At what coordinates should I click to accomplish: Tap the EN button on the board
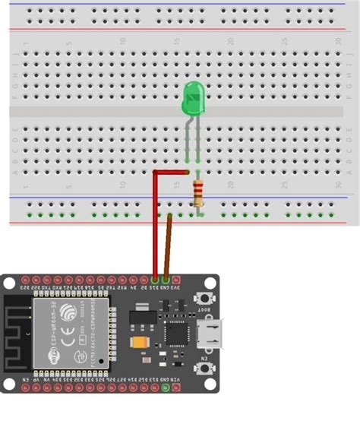tap(204, 368)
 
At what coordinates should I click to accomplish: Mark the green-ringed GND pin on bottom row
tap(166, 388)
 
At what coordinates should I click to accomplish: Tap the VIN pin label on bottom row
tap(176, 378)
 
